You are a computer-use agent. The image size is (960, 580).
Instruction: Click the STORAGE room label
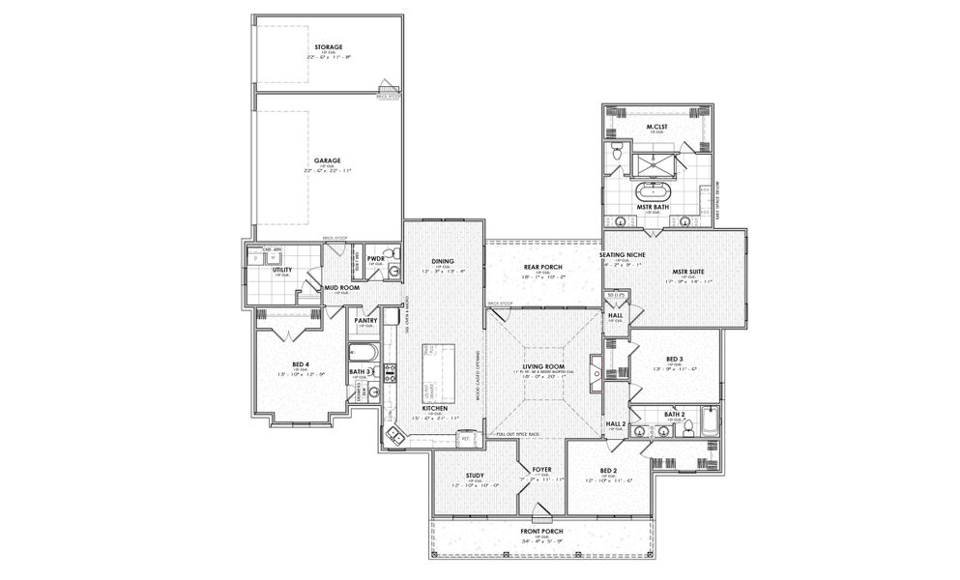[328, 46]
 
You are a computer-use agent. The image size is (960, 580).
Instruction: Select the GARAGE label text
[328, 160]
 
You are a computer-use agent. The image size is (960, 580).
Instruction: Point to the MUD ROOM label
[341, 287]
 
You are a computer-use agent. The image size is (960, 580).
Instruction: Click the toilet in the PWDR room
[393, 274]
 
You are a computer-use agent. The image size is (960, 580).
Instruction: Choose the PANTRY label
[364, 320]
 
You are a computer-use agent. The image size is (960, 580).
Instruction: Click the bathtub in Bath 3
[364, 352]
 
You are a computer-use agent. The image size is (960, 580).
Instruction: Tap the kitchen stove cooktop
[391, 372]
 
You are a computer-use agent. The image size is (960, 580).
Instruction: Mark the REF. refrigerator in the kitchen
[465, 438]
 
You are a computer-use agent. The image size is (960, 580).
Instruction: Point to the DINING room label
[442, 261]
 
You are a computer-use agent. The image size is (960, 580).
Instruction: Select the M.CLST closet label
[657, 127]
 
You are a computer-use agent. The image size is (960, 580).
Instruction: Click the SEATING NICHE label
[628, 255]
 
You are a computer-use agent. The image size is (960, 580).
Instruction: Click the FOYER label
[541, 468]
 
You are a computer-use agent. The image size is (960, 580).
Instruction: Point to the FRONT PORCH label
[540, 531]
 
